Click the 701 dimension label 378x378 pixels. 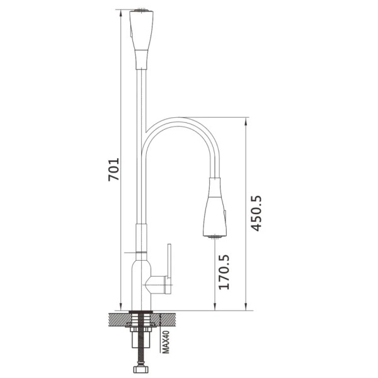113,169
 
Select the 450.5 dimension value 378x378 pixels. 256,214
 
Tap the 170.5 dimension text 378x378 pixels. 224,272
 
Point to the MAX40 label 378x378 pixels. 166,342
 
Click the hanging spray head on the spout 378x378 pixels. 215,207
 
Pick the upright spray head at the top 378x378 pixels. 141,39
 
